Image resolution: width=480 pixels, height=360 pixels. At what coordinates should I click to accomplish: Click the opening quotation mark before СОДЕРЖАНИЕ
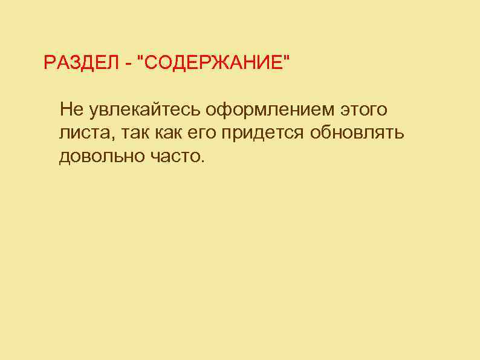[141, 58]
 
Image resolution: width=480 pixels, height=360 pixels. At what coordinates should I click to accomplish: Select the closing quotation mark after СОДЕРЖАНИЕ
[286, 58]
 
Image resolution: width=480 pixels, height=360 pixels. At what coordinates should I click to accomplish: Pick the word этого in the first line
[363, 110]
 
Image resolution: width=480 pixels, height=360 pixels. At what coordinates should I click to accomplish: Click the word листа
[80, 134]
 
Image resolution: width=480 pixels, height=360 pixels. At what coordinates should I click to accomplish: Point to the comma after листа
[103, 138]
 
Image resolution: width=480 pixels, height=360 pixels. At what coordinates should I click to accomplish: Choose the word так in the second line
[123, 134]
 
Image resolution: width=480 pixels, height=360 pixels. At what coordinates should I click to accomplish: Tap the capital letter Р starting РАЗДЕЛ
[49, 62]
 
